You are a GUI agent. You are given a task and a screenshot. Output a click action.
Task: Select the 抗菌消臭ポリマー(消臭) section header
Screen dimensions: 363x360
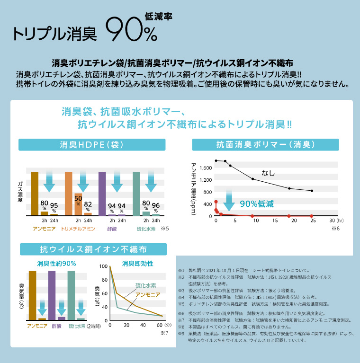point(265,145)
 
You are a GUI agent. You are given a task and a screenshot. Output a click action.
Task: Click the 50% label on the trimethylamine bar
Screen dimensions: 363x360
point(78,200)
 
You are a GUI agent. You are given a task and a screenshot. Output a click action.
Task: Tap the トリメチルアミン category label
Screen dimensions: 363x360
point(79,229)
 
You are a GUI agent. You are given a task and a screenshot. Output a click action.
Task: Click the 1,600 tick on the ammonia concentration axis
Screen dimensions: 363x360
point(206,168)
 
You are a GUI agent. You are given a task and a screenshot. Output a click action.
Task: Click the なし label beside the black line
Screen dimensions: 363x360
point(269,173)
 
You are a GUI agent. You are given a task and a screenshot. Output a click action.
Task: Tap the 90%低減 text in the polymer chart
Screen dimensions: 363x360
point(257,204)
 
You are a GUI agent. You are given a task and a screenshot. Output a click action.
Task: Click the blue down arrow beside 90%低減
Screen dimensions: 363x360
point(229,201)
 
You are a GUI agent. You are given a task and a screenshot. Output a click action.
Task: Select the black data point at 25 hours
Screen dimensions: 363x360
point(312,191)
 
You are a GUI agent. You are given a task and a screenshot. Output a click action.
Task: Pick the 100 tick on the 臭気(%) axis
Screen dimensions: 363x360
point(104,267)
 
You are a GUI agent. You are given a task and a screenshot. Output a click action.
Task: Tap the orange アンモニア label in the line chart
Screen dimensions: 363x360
point(148,295)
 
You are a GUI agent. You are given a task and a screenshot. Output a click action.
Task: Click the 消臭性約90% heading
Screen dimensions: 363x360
point(56,263)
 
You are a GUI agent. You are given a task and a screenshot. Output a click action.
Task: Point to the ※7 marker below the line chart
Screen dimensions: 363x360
point(164,333)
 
